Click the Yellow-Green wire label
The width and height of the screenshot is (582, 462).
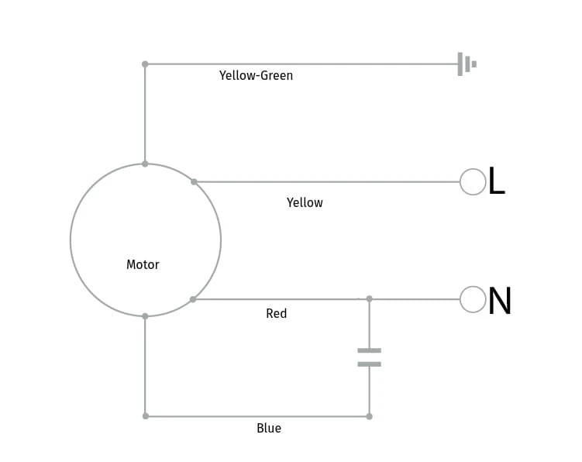coord(256,75)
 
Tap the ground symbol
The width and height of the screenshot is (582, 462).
coord(467,64)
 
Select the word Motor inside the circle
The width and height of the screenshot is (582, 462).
coord(143,264)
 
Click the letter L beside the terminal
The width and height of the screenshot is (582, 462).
coord(497,181)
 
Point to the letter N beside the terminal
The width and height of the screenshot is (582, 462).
coord(500,301)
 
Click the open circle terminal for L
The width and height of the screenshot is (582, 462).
coord(473,181)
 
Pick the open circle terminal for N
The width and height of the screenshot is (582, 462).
coord(473,299)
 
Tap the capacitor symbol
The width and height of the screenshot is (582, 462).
coord(370,357)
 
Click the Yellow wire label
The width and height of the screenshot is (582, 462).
coord(305,202)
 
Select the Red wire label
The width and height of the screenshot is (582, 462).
coord(277,313)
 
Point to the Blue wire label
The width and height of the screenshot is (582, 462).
coord(269,428)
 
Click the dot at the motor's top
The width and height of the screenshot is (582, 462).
coord(145,164)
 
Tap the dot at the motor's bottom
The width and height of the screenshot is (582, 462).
coord(145,316)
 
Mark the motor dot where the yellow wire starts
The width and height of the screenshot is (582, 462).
coord(194,181)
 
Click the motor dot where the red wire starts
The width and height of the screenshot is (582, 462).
coord(193,299)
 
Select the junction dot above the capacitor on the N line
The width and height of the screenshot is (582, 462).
coord(370,299)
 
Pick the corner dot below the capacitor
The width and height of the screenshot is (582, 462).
coord(370,417)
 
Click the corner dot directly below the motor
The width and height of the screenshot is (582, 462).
coord(146,416)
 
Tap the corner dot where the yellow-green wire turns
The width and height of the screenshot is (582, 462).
coord(145,64)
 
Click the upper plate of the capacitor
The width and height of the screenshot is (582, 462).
coord(370,350)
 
